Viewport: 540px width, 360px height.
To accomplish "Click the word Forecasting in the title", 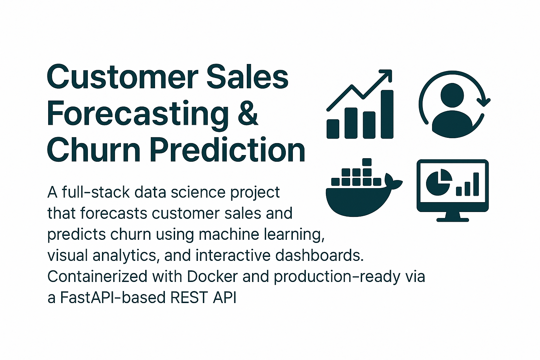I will (x=137, y=114).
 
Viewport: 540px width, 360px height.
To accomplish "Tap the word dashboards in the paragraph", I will (x=319, y=256).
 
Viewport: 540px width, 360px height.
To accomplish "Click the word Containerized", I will (x=97, y=277).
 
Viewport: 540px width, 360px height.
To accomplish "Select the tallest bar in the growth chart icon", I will (x=387, y=114).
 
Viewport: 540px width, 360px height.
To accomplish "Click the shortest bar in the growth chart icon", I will (x=333, y=129).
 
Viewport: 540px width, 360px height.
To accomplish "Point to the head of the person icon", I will (x=452, y=95).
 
